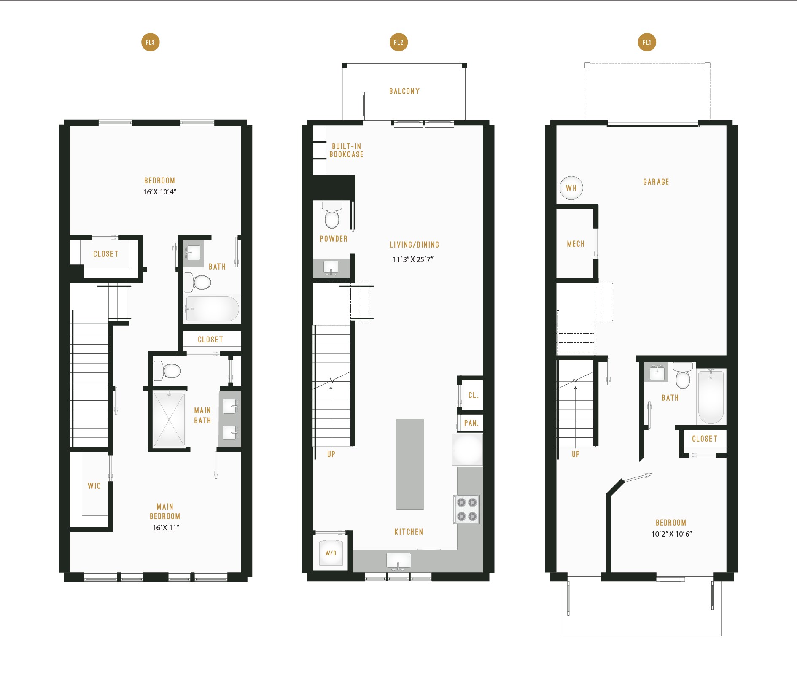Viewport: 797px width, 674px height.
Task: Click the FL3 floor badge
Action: click(x=150, y=42)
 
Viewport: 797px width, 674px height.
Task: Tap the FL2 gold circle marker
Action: click(x=398, y=42)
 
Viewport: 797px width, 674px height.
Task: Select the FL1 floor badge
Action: click(x=647, y=42)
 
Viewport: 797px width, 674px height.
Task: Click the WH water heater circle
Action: click(x=571, y=188)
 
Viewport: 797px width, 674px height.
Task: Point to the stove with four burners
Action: click(x=466, y=509)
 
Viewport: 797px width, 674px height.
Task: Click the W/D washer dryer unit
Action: click(x=331, y=553)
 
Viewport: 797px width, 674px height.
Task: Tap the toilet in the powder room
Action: click(x=332, y=214)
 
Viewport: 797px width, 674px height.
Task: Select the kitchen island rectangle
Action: click(x=410, y=464)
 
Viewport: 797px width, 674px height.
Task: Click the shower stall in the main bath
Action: click(x=169, y=419)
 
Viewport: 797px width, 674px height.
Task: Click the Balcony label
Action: click(x=404, y=91)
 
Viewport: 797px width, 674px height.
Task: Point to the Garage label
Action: click(x=656, y=182)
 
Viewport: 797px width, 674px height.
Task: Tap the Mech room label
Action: click(x=576, y=244)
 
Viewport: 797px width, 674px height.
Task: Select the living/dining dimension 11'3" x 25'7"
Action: click(x=413, y=259)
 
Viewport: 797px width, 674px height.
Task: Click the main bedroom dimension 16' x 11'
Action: click(x=166, y=528)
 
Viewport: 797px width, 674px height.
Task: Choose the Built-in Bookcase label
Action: click(x=346, y=151)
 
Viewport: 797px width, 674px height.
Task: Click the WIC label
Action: click(x=94, y=486)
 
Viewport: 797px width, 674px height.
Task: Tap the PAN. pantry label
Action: click(x=471, y=423)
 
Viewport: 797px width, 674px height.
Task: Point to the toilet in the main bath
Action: click(x=167, y=371)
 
